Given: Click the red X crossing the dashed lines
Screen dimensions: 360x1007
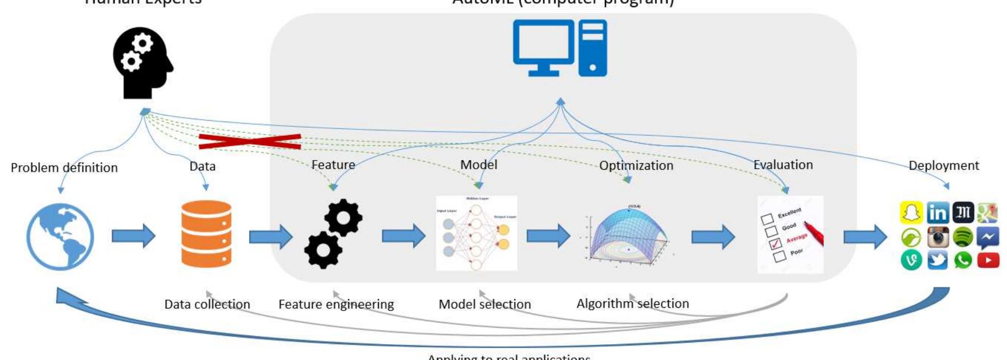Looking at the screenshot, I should [250, 141].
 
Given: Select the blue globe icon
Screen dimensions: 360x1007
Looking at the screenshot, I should [60, 236].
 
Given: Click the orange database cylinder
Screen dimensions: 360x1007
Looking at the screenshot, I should [207, 234].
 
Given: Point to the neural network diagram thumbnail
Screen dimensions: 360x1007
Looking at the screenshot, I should [476, 234].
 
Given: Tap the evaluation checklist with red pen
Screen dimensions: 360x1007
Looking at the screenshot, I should [790, 235].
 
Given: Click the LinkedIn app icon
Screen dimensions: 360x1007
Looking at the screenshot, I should [937, 213].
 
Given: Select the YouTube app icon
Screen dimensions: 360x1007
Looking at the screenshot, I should [988, 260].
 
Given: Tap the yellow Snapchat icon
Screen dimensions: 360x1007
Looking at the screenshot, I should [911, 213].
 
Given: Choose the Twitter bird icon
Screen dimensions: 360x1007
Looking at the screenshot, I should [937, 260].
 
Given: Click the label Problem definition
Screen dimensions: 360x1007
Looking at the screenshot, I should [64, 168].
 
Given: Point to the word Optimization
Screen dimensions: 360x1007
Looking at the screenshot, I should [636, 166].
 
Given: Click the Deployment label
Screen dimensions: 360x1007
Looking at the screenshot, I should [944, 166].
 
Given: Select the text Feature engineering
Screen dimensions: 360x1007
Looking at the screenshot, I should [336, 304].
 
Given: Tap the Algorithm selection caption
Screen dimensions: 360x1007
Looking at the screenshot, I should [633, 304].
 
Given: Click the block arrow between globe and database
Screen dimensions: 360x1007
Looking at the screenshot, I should [133, 236].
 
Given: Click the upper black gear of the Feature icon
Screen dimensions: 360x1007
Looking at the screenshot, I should [343, 217].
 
